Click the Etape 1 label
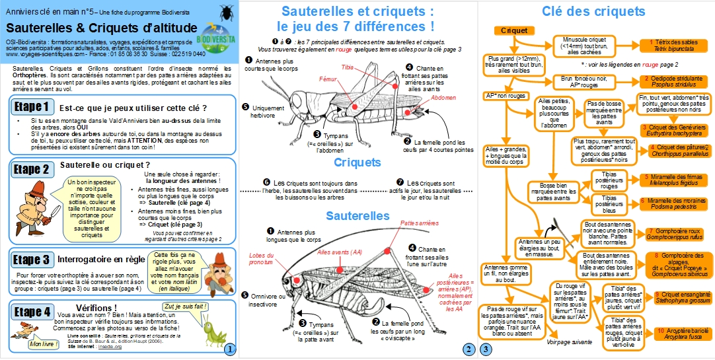[x=32, y=107]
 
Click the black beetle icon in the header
[x=227, y=12]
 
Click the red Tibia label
[x=348, y=67]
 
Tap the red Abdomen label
[x=443, y=97]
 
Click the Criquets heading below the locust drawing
[x=357, y=162]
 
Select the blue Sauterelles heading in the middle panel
[x=357, y=216]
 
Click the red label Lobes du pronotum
[x=260, y=258]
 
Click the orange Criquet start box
[x=514, y=30]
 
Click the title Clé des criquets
[x=593, y=11]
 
